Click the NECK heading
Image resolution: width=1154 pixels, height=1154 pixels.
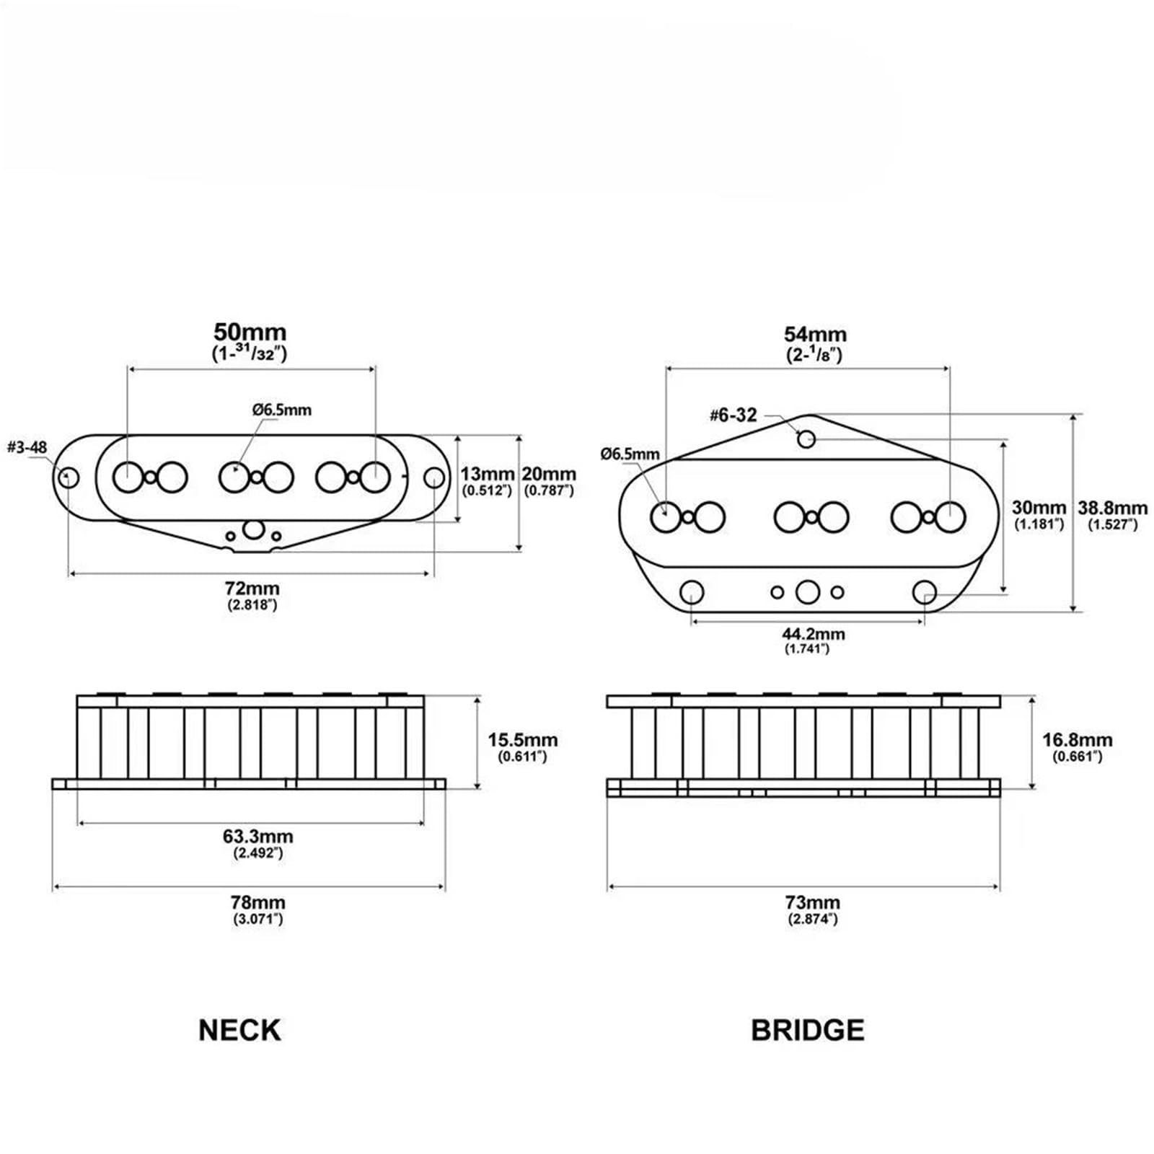(x=239, y=1030)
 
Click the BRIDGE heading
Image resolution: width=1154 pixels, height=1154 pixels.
(x=807, y=1030)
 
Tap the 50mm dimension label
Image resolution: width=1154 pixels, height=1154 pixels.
(x=250, y=332)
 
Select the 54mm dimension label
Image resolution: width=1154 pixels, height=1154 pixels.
(x=815, y=335)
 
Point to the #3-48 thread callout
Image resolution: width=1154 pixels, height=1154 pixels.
(x=27, y=447)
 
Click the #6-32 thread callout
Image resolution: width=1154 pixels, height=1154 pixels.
(x=734, y=415)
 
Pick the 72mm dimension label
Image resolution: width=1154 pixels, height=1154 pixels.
(x=252, y=589)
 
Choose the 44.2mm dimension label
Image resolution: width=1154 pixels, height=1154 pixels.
(x=814, y=634)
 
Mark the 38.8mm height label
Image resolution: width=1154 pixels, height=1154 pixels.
(x=1113, y=507)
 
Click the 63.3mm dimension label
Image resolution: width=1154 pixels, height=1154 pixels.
(x=257, y=837)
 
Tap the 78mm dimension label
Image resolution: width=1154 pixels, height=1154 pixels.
(x=257, y=902)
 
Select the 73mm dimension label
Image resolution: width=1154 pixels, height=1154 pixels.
(x=813, y=902)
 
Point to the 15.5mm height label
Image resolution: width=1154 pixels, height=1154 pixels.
(x=523, y=740)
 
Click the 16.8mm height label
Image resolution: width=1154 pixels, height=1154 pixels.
(x=1078, y=740)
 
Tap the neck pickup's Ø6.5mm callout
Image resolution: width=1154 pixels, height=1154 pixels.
(x=282, y=410)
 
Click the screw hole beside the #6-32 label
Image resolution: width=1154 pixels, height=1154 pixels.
(x=806, y=439)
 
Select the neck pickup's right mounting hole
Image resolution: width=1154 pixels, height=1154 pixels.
(x=433, y=477)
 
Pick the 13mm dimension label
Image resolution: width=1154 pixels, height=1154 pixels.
(x=487, y=474)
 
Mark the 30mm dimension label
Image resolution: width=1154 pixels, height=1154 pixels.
(x=1039, y=507)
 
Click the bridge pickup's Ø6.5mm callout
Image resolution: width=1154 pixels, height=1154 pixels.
(x=630, y=454)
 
